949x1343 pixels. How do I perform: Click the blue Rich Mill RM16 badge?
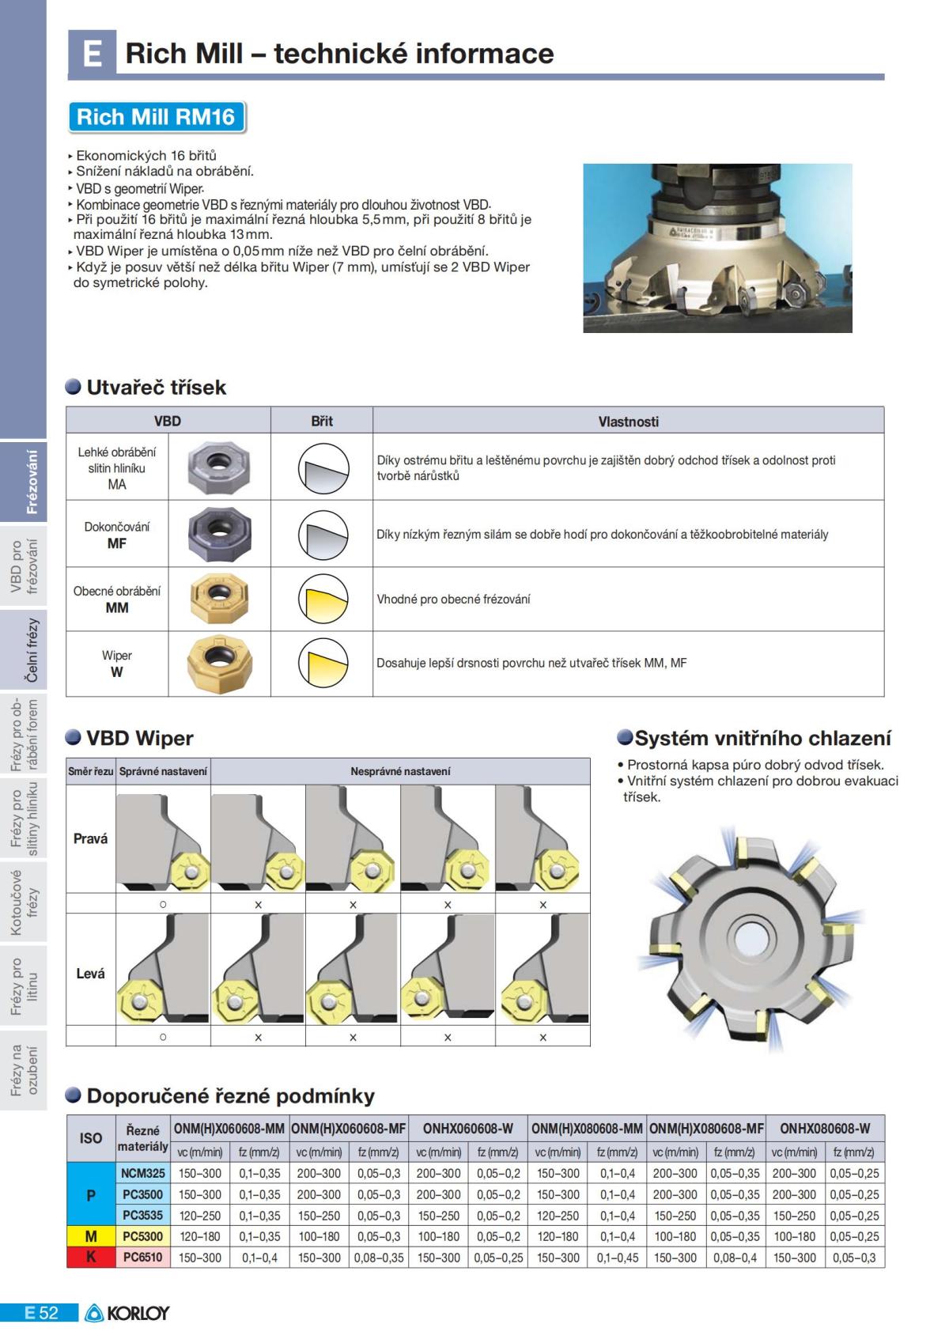coord(156,117)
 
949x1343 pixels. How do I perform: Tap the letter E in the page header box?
coord(92,53)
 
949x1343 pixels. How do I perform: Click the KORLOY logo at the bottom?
coord(127,1312)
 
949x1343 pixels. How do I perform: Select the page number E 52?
coord(40,1312)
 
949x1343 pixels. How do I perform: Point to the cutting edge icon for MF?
coord(323,534)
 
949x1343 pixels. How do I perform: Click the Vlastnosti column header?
coord(628,422)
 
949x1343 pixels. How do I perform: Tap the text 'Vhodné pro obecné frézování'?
coord(453,600)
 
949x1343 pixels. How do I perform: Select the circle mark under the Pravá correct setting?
coord(163,904)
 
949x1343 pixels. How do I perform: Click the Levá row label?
coord(90,974)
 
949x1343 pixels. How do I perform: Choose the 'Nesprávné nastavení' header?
coord(400,771)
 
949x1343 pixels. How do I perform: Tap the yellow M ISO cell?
coord(91,1236)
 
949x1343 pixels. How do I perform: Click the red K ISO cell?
coord(91,1257)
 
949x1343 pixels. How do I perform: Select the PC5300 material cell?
coord(142,1236)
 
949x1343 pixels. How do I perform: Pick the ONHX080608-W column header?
coord(824,1129)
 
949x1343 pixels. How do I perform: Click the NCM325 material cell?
coord(142,1173)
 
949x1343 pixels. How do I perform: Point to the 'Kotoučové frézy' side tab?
coord(23,902)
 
